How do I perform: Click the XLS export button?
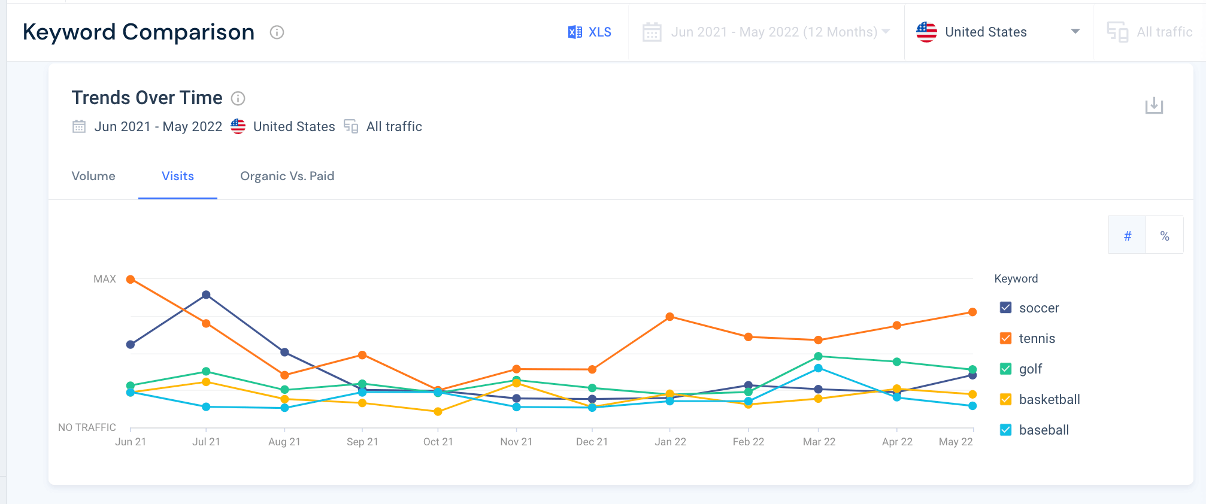click(590, 32)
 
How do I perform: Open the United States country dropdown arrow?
click(1075, 32)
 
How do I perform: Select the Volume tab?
click(93, 176)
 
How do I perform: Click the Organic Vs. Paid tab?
click(287, 176)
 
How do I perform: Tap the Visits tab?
click(178, 176)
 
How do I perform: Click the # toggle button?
click(1127, 235)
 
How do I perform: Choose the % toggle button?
click(1165, 235)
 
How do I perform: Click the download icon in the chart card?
click(1154, 106)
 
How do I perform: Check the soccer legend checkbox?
click(1006, 308)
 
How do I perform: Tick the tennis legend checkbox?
click(1006, 338)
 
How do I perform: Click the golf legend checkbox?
click(1006, 369)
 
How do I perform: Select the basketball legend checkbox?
click(1006, 399)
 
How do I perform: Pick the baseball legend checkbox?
click(1006, 430)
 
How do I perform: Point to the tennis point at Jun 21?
click(131, 280)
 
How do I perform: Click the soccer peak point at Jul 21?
click(206, 294)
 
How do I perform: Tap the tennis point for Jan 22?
click(670, 317)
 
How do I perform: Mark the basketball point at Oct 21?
click(438, 412)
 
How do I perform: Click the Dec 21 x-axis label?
click(592, 442)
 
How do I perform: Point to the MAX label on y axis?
click(105, 279)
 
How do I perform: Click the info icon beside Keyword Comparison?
click(277, 32)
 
